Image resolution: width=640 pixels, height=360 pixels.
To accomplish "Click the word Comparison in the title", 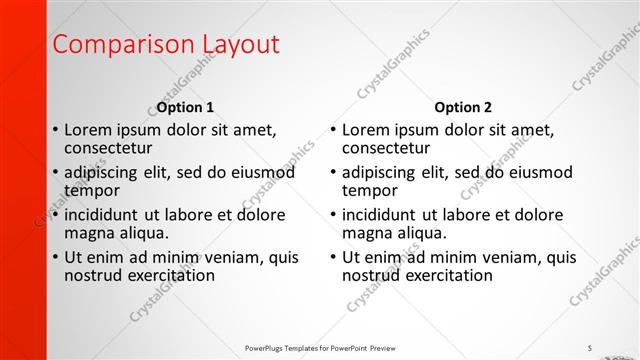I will [109, 45].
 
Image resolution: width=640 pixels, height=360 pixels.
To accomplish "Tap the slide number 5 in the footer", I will [590, 348].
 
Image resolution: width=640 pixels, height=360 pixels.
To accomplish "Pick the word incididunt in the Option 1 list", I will [102, 215].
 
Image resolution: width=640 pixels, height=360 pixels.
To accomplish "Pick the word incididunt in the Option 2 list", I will [380, 215].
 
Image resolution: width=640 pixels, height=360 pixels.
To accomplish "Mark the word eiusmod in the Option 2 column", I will [541, 172].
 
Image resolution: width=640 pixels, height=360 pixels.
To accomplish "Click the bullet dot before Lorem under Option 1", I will [54, 131].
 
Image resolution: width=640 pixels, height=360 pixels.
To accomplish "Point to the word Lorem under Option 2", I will [365, 130].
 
